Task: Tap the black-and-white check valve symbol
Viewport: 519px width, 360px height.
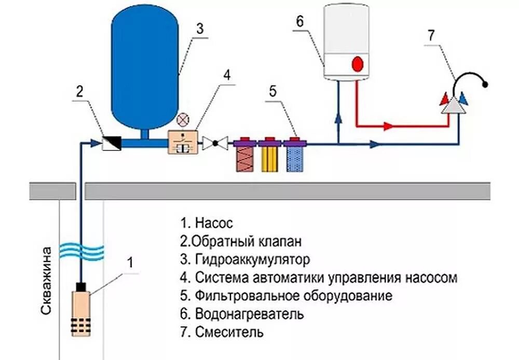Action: click(x=112, y=143)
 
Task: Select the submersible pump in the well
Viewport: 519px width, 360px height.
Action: click(x=81, y=311)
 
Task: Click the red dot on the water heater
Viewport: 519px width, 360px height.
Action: click(x=358, y=65)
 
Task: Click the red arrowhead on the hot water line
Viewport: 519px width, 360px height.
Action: click(x=387, y=126)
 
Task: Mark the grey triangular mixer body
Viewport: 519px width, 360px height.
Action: click(x=452, y=106)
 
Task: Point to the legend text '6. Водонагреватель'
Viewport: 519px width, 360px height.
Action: click(x=242, y=314)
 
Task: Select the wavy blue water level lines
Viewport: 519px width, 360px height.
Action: click(x=81, y=250)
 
